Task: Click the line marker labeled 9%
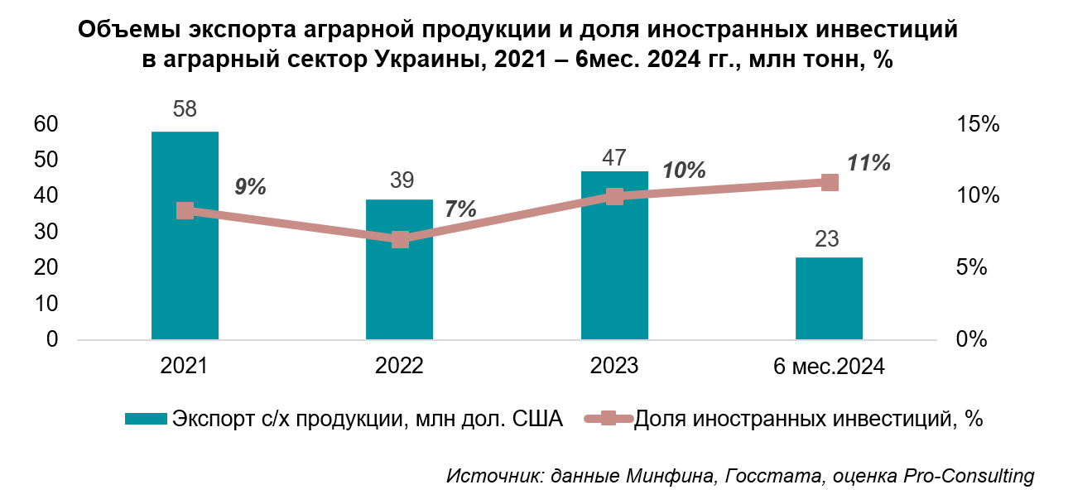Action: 185,211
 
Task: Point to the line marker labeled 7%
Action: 400,239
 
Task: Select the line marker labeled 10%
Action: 614,196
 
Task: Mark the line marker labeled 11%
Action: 830,182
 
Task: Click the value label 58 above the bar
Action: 185,110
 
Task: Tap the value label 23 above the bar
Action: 828,239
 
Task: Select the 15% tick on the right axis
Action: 979,125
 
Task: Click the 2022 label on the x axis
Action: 400,366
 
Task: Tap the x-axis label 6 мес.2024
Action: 829,366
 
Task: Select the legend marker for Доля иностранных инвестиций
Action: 609,419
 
